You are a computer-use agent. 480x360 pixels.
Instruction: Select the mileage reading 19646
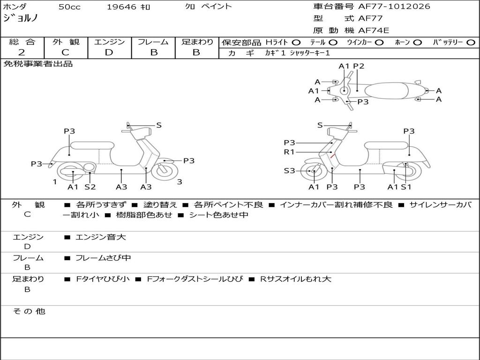[122, 7]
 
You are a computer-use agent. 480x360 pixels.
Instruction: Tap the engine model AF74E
[374, 30]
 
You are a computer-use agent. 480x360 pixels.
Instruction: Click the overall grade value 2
[22, 52]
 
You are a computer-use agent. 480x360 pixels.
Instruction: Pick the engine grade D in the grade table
[109, 52]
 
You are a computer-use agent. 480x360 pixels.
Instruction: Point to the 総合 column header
[22, 42]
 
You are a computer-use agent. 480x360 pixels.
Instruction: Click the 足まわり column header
[197, 42]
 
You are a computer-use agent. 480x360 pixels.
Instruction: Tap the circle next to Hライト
[296, 42]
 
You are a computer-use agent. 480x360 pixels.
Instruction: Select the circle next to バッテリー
[471, 42]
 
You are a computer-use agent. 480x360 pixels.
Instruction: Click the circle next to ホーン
[417, 42]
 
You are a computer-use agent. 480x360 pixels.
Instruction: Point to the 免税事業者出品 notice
[38, 64]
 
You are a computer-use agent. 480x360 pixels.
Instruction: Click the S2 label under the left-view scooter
[90, 187]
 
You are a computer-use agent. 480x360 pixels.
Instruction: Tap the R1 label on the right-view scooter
[289, 152]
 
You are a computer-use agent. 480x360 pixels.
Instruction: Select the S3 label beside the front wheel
[289, 171]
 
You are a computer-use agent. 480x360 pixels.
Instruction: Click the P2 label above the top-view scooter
[359, 66]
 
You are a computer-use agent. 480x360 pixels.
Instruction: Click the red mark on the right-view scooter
[332, 156]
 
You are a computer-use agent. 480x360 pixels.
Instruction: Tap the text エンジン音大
[101, 237]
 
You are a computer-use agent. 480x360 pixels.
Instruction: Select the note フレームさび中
[103, 258]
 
